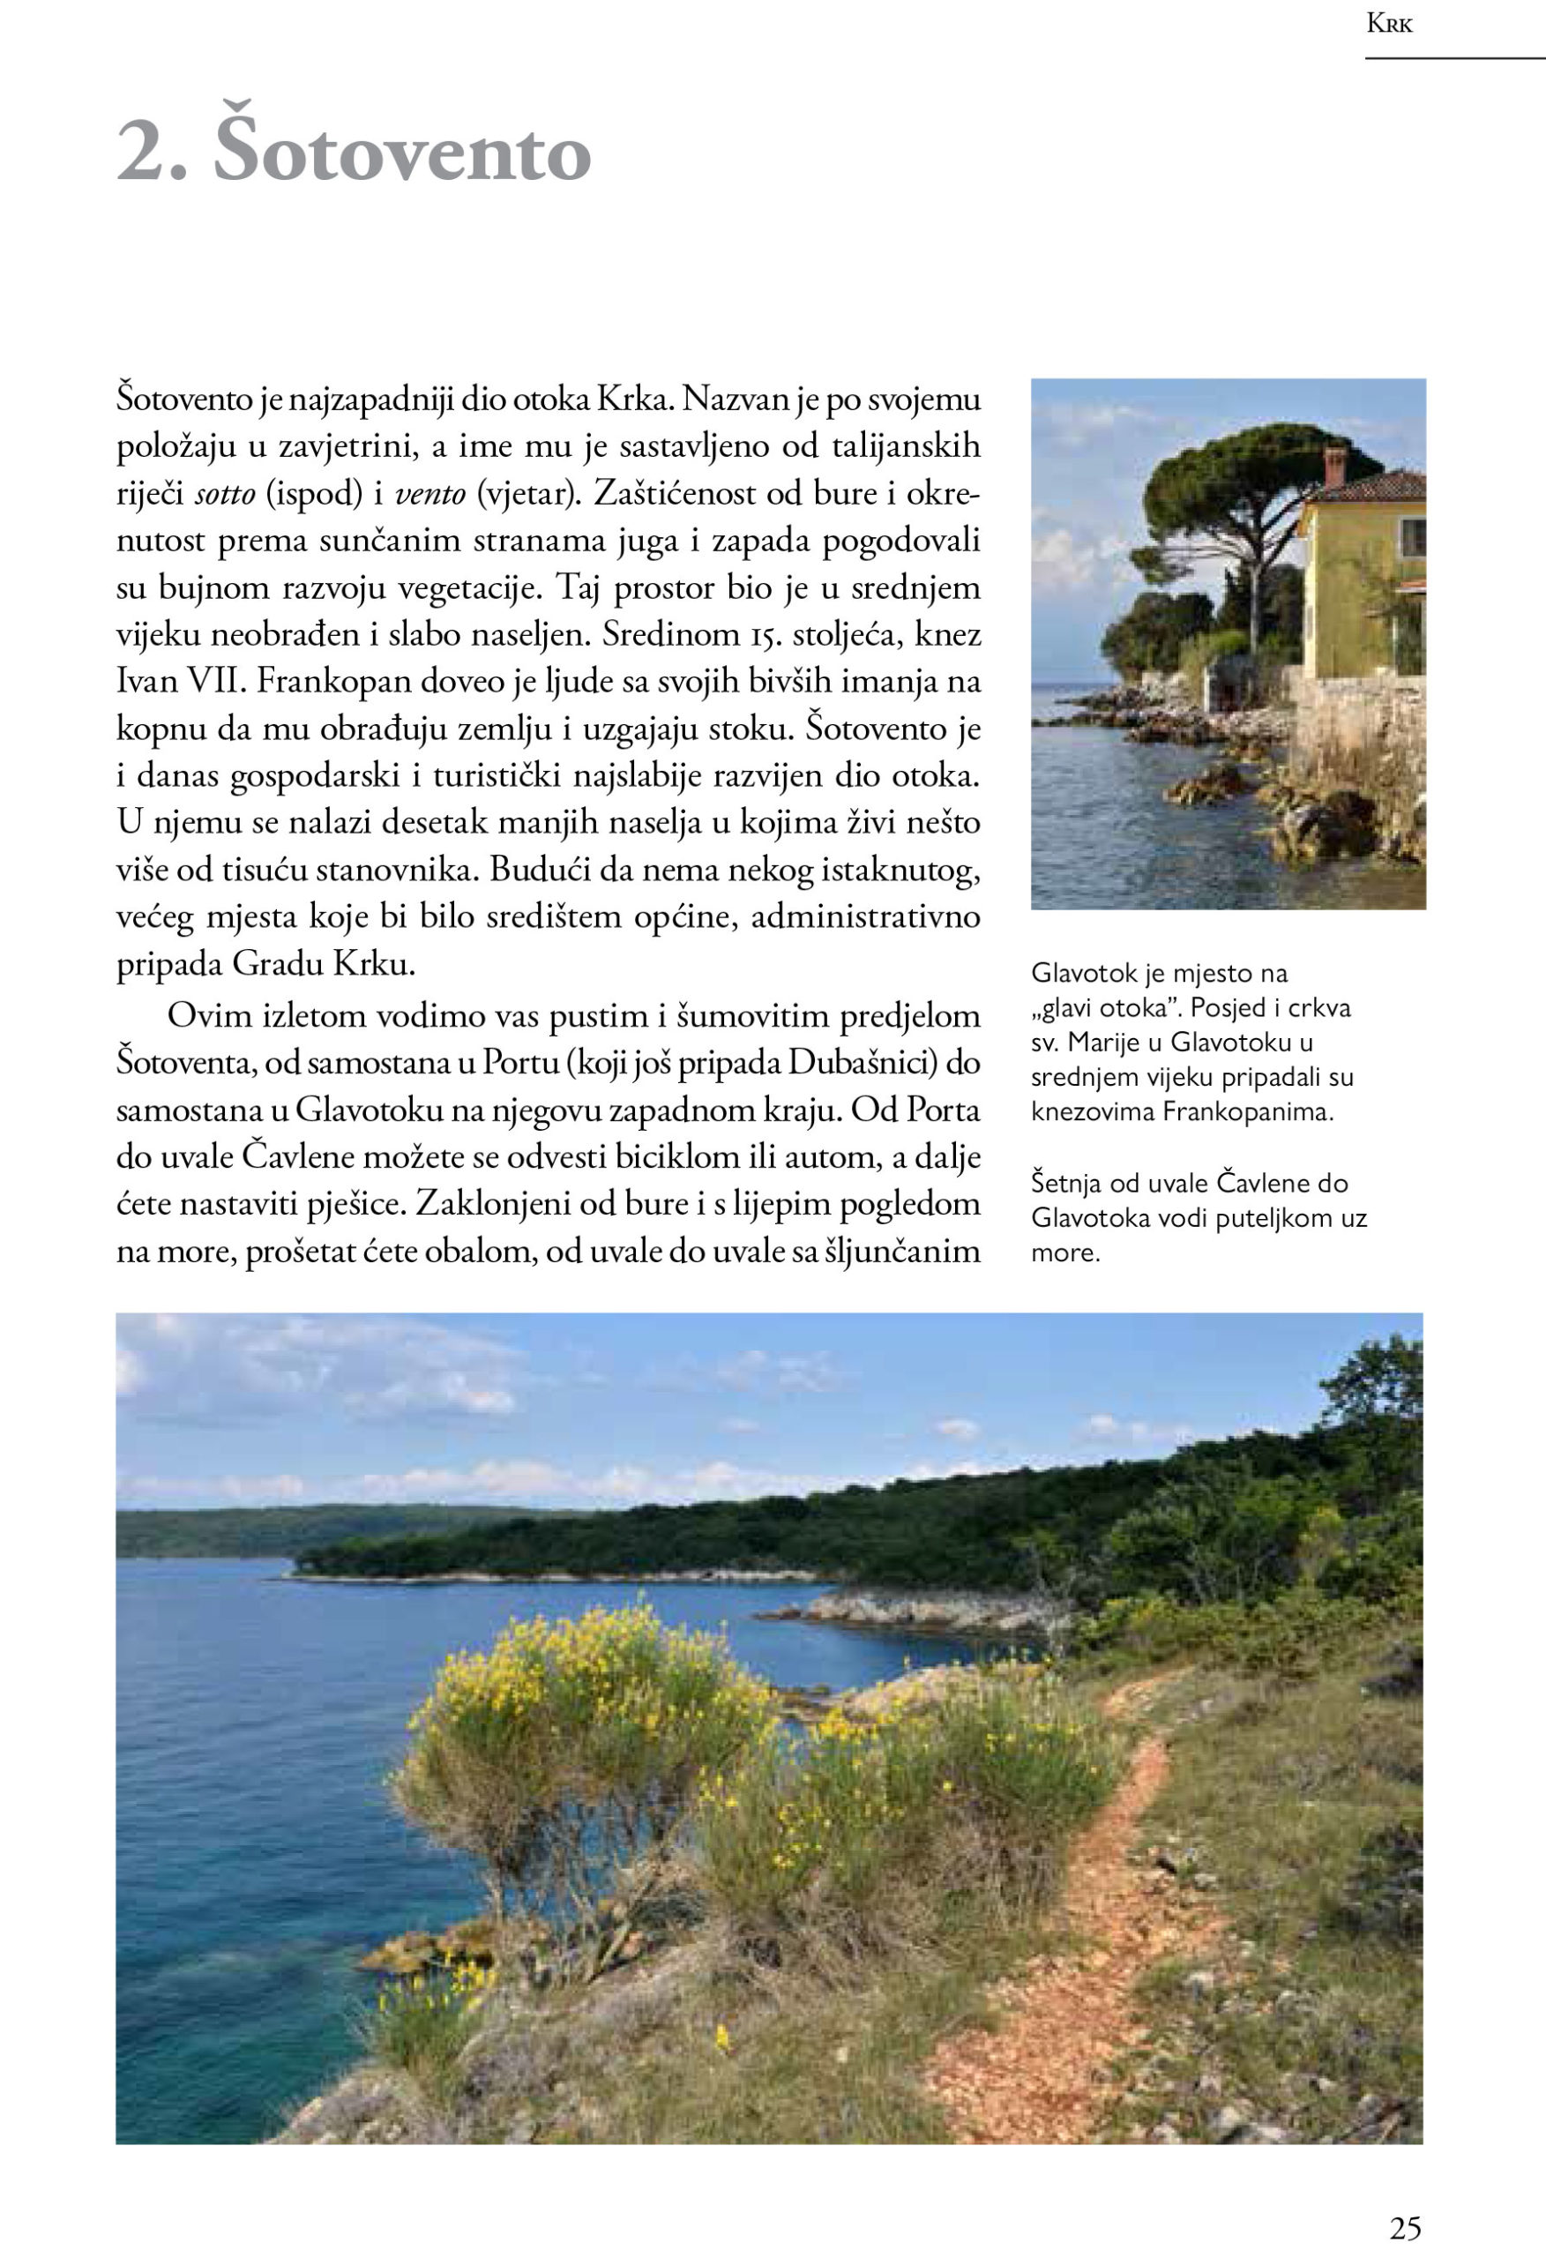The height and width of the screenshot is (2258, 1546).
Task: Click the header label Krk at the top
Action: [x=1389, y=26]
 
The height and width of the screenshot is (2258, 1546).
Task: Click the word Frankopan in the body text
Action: [x=325, y=682]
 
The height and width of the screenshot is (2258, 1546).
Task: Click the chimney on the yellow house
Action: [x=1333, y=466]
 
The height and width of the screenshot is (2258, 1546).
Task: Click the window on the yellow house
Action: [x=1412, y=537]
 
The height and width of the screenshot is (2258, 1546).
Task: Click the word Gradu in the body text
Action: [x=279, y=965]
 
